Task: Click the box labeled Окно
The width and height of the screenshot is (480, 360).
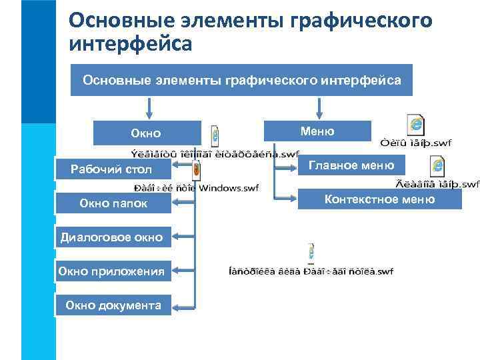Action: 146,133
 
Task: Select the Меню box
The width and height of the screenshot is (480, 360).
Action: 317,131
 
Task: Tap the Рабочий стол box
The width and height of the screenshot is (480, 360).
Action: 112,169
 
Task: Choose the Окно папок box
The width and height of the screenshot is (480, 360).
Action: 113,203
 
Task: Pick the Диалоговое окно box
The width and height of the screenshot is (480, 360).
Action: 113,236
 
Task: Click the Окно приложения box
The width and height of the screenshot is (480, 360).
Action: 113,271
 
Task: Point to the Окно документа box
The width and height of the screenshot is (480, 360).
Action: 113,305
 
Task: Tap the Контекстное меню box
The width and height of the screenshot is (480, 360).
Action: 379,199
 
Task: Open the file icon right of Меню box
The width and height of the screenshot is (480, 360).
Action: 416,126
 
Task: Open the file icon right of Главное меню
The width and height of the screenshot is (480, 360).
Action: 437,166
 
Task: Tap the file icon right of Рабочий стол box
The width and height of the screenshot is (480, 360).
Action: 197,171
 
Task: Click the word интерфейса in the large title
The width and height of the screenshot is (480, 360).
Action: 130,43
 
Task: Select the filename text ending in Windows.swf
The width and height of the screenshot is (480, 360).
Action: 197,188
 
